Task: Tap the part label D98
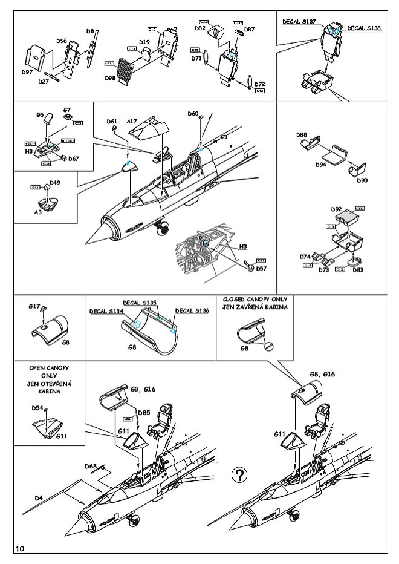[x=110, y=79]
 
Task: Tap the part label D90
[x=362, y=180]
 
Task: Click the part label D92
[x=337, y=209]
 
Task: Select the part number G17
[x=34, y=307]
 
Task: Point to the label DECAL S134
[x=106, y=312]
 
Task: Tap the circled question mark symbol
[x=239, y=475]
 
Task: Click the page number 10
[x=20, y=548]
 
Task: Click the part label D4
[x=39, y=497]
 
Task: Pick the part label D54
[x=37, y=408]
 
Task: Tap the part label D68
[x=91, y=466]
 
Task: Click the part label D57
[x=262, y=269]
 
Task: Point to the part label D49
[x=55, y=182]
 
